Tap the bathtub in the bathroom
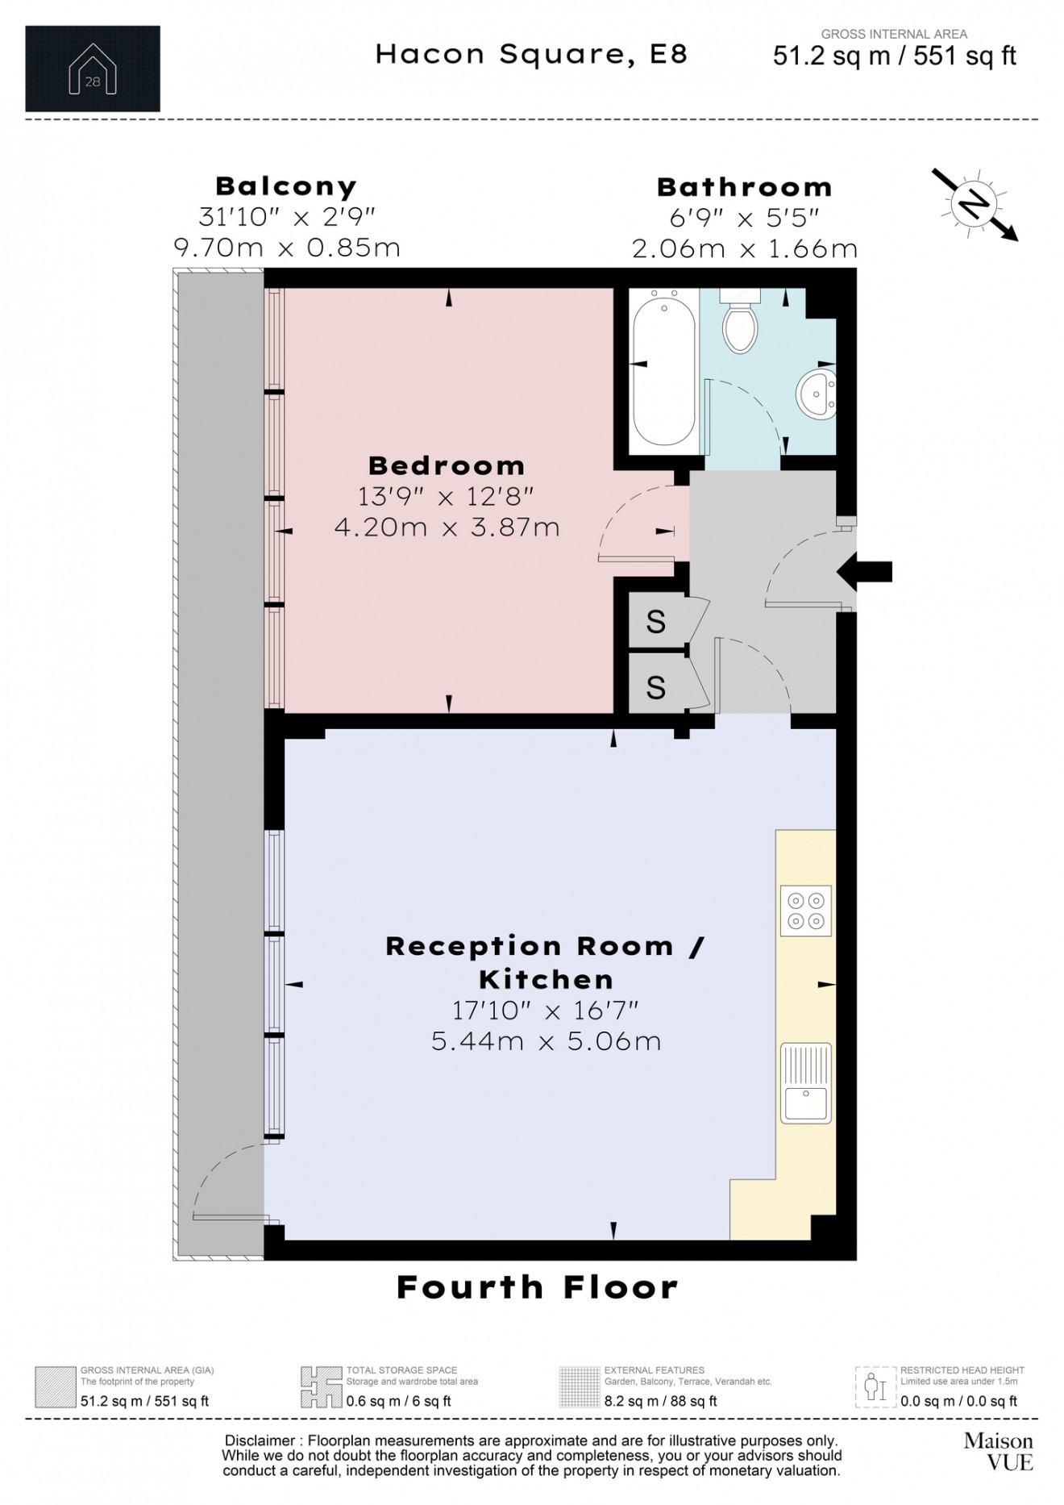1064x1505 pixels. pos(664,368)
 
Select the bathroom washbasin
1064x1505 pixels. pos(817,392)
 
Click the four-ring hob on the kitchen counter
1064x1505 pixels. pos(805,911)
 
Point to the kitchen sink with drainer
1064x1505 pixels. pos(805,1083)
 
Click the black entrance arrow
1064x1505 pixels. pos(864,572)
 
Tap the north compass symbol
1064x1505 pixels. pos(975,205)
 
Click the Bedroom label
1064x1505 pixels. pos(447,465)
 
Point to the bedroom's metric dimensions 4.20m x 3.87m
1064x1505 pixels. pos(447,527)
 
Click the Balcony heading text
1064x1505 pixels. pos(286,186)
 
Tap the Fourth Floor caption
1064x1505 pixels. pos(538,1287)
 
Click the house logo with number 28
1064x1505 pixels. pos(93,69)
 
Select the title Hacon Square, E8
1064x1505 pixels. pos(531,54)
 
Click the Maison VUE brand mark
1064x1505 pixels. pos(999,1451)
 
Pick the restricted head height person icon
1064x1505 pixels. pos(875,1386)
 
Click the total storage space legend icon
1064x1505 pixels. pos(321,1386)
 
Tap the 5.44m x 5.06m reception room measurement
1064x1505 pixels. pos(547,1040)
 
